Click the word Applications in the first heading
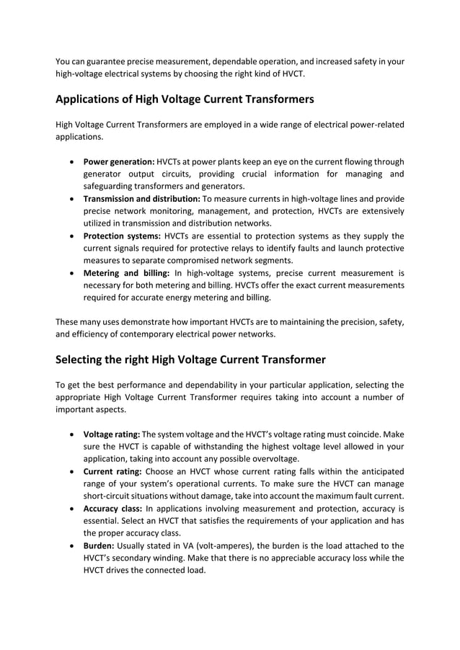[x=94, y=99]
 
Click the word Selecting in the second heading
[x=87, y=359]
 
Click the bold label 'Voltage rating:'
[x=112, y=435]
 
